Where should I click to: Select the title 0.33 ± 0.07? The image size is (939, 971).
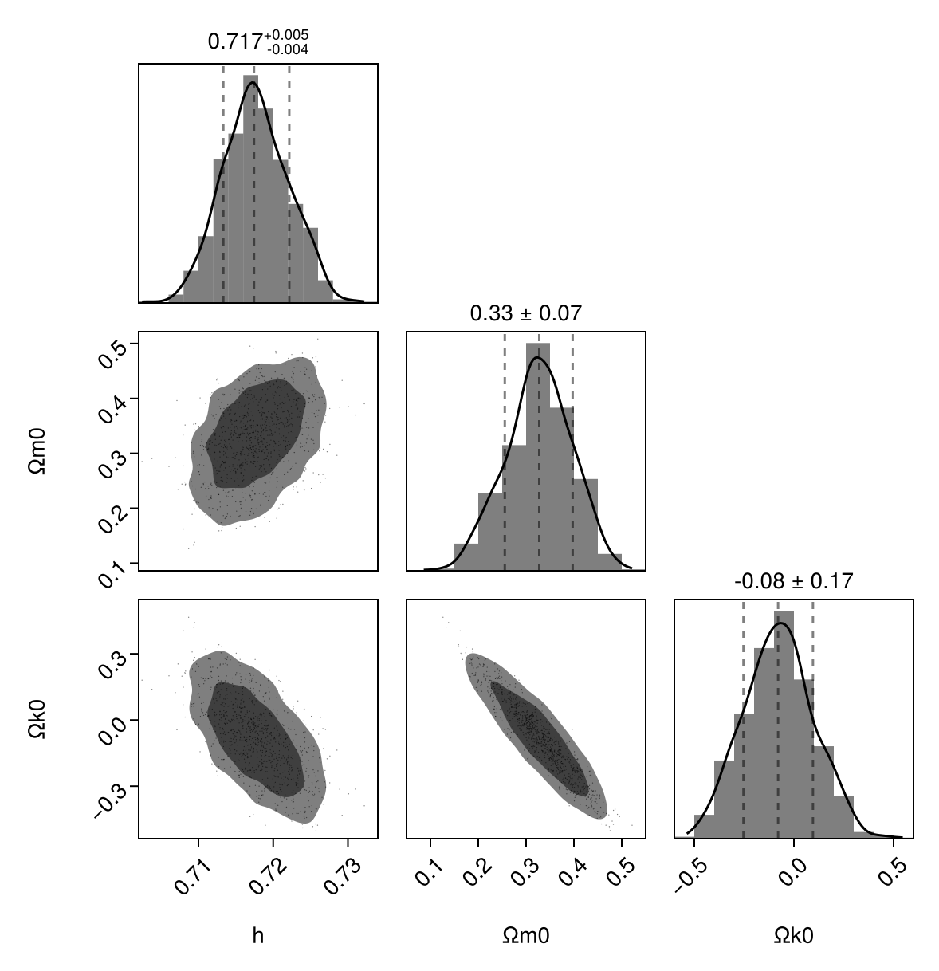pos(525,314)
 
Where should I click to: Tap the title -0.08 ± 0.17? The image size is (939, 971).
pos(793,582)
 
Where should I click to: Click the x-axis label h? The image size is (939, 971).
pos(257,936)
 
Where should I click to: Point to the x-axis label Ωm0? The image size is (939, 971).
pos(525,936)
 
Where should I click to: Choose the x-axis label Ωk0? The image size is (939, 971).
pos(793,936)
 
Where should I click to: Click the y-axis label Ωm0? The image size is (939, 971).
pos(37,451)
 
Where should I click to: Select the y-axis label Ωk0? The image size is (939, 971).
pos(37,719)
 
